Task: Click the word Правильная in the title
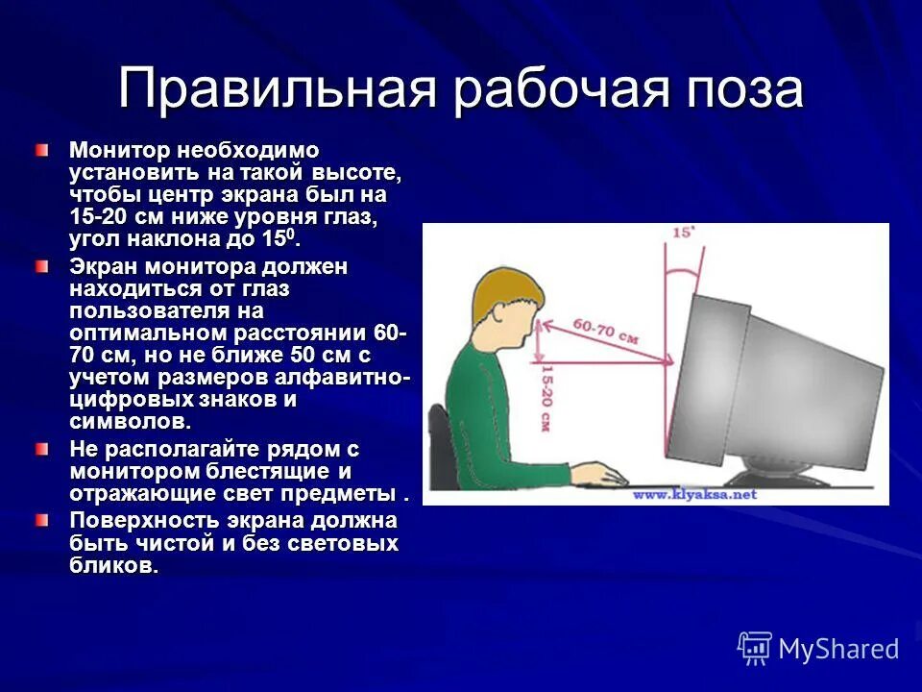tap(278, 90)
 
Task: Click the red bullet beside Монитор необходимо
tap(41, 151)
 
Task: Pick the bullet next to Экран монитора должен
tap(41, 266)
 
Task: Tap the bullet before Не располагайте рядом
tap(41, 449)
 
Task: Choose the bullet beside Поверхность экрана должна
tap(41, 521)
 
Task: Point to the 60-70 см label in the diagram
tap(605, 332)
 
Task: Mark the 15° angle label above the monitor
tap(683, 234)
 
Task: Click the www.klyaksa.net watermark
tap(693, 494)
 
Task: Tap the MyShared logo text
tap(838, 649)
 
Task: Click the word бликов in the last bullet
tap(112, 566)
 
